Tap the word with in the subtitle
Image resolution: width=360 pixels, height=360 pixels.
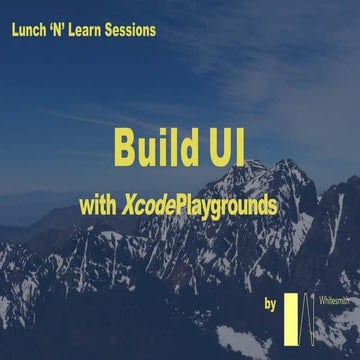click(99, 206)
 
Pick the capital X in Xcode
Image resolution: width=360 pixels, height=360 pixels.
click(130, 206)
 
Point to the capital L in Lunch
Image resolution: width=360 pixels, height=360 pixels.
click(14, 31)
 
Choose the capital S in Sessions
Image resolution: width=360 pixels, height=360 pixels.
click(119, 31)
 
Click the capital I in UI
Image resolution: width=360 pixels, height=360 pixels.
click(237, 146)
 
